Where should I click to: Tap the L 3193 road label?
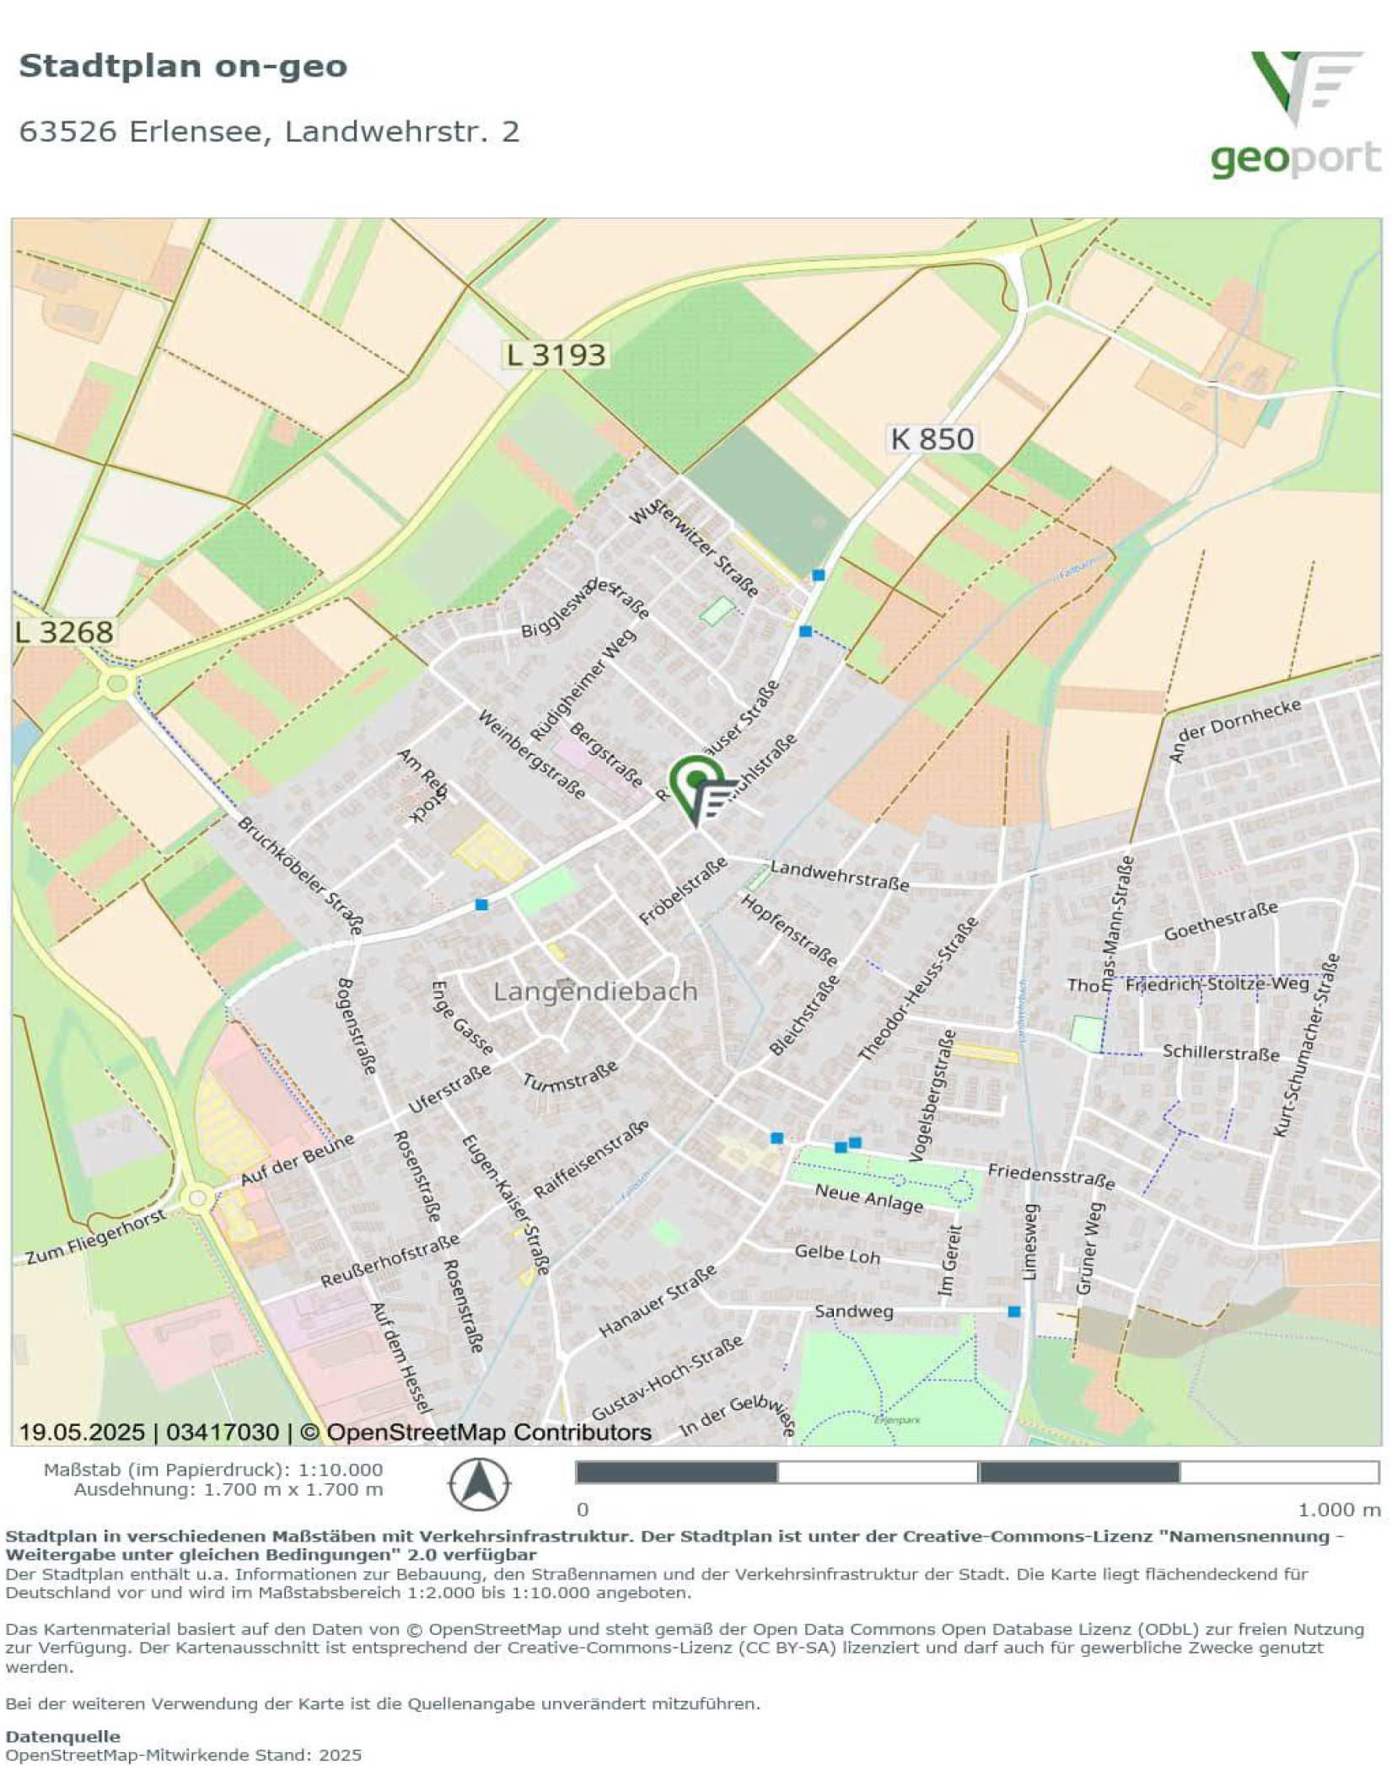point(556,355)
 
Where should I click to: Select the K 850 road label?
point(932,439)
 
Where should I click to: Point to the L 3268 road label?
point(64,633)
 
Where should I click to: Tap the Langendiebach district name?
point(595,991)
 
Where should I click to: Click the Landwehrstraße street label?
point(840,876)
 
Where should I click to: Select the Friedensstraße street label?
point(1051,1176)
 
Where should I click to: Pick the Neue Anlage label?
point(868,1198)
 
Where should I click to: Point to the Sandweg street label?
point(853,1311)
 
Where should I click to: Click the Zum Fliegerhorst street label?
point(95,1238)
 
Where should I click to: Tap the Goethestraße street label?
point(1220,921)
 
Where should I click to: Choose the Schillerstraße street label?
point(1220,1053)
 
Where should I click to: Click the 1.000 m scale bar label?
point(1338,1509)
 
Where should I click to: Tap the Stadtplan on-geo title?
point(183,66)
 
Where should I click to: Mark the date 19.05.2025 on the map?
point(82,1431)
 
